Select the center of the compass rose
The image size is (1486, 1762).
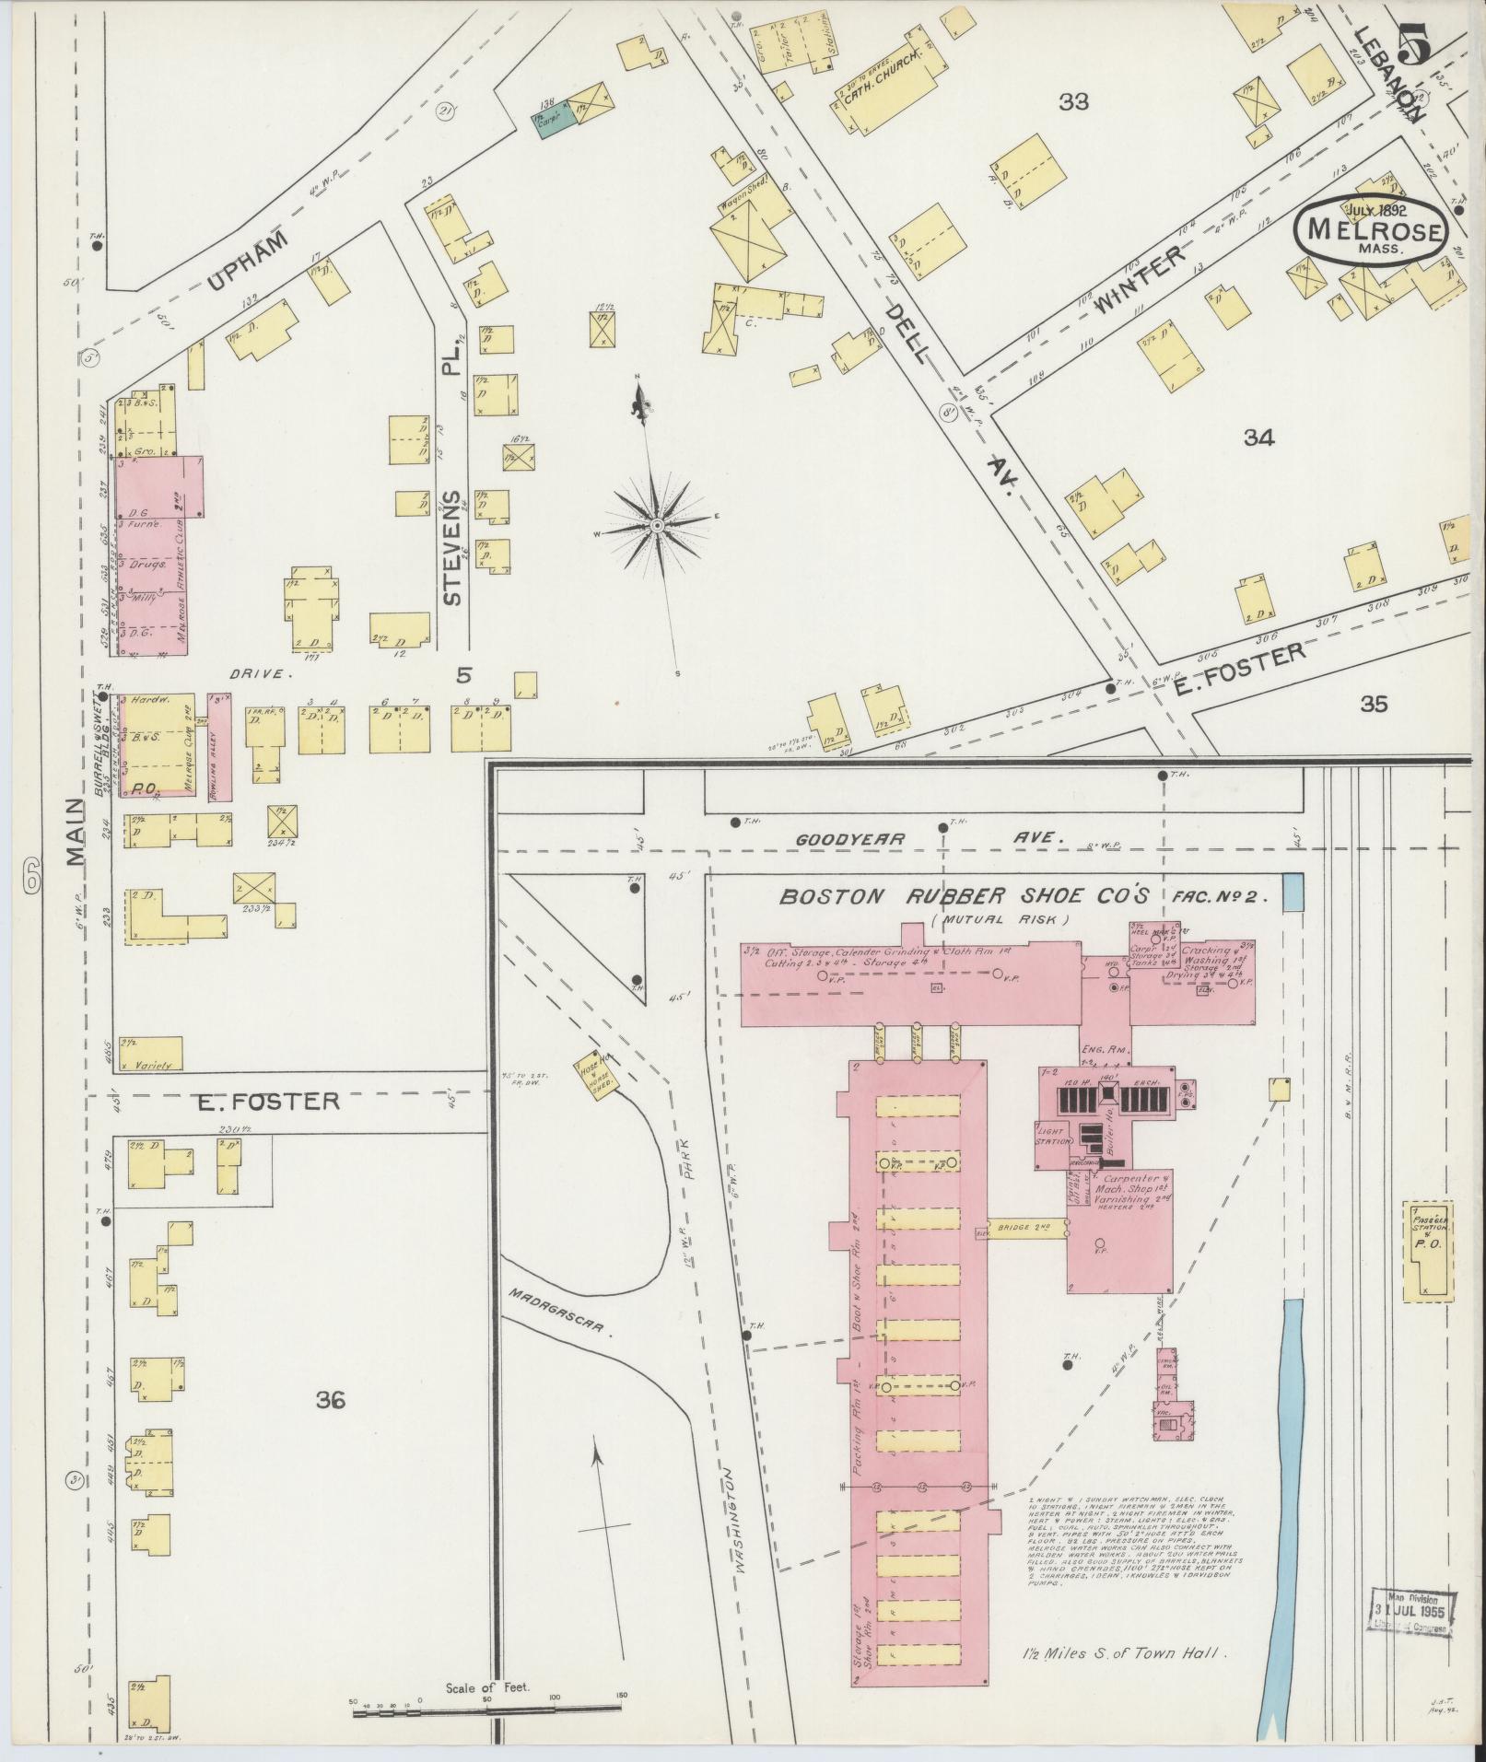pyautogui.click(x=657, y=525)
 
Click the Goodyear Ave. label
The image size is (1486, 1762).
pyautogui.click(x=930, y=839)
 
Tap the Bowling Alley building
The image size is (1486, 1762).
pyautogui.click(x=220, y=746)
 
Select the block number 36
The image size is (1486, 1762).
pyautogui.click(x=330, y=1427)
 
